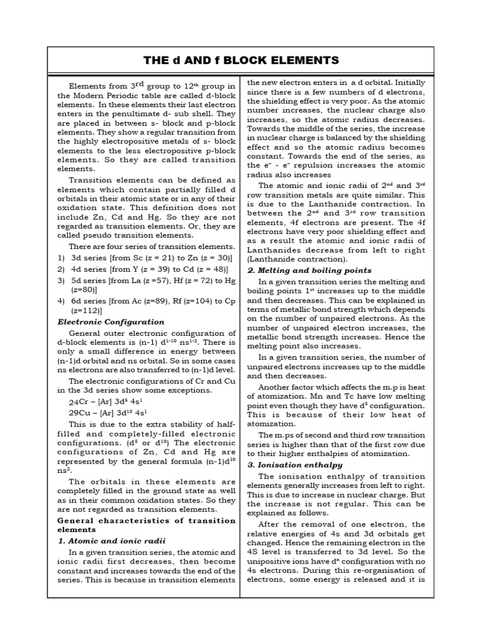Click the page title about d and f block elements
[x=241, y=60]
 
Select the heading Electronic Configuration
[x=111, y=321]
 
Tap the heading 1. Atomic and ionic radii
[x=108, y=540]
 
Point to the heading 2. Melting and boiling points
[x=309, y=270]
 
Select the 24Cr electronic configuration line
[x=103, y=401]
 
